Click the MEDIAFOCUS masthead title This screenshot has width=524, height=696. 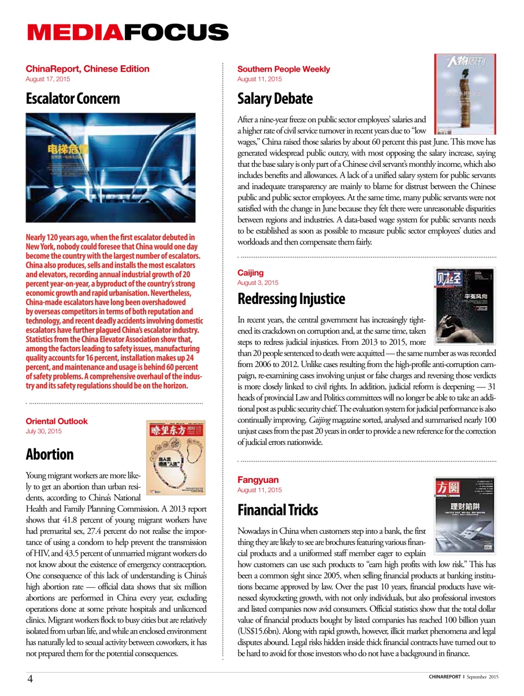pos(128,32)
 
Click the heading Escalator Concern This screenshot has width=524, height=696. pos(73,98)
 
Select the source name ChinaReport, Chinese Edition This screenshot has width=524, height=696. pos(88,69)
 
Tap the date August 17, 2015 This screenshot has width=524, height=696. pos(48,79)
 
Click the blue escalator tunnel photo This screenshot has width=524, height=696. pos(110,167)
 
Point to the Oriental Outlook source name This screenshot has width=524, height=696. pos(57,421)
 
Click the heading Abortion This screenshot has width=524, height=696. pos(49,454)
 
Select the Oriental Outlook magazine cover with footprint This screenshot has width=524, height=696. pos(176,457)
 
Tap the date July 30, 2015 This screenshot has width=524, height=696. pos(43,431)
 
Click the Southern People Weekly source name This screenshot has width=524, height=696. pos(283,69)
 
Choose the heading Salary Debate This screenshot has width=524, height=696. pos(275,98)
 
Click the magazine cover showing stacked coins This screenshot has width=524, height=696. pos(465,94)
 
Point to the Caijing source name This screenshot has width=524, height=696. pos(251,272)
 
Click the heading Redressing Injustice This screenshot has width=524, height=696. pos(291,299)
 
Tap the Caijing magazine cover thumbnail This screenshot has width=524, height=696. pos(465,306)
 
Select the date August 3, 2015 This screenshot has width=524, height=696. pos(258,283)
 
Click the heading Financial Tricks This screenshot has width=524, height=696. pos(278,509)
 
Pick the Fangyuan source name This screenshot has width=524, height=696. pos(258,480)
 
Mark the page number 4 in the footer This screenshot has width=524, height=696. pos(30,678)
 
